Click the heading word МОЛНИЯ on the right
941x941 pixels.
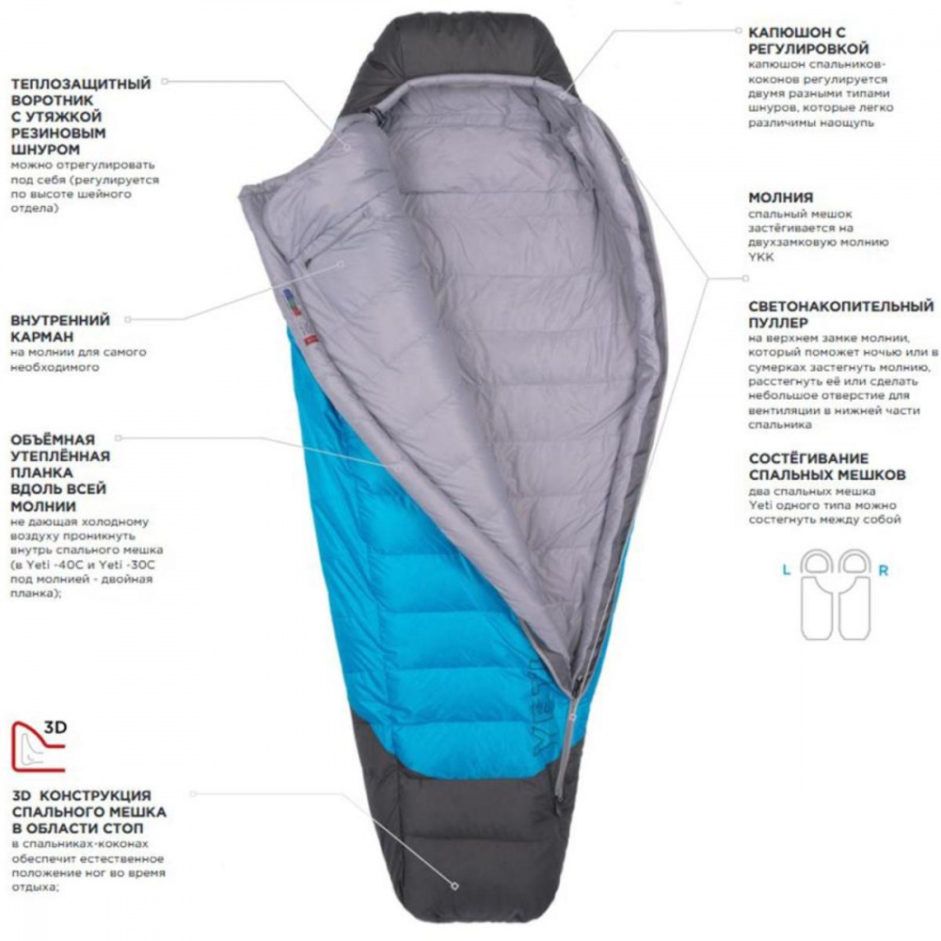tap(780, 198)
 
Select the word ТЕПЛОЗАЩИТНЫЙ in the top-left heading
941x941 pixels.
tap(81, 84)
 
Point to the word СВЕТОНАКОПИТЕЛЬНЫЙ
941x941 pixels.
tap(840, 307)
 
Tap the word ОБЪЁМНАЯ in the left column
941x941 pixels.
tap(53, 439)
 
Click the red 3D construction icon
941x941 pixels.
tap(39, 746)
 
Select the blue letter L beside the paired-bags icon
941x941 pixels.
tap(786, 571)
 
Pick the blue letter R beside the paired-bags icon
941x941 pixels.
tap(883, 571)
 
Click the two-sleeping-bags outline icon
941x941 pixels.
tap(836, 594)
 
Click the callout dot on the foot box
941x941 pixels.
tap(455, 885)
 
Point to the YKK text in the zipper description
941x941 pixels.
tap(761, 258)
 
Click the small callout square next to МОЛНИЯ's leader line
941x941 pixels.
tap(746, 278)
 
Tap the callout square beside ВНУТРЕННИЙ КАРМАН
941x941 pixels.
tap(128, 320)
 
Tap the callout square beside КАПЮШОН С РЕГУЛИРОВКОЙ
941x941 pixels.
tap(740, 30)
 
